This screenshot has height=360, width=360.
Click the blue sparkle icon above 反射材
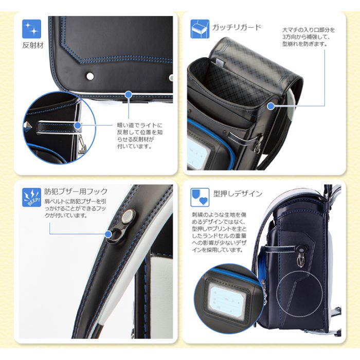point(32,29)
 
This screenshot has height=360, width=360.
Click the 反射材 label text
point(33,45)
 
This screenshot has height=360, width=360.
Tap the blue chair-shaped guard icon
point(200,29)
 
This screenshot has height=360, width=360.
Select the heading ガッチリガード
point(237,27)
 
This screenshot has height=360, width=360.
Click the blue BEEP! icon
point(32,197)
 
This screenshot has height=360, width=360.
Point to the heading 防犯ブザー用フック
point(76,191)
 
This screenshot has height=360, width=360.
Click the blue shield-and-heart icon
point(200,197)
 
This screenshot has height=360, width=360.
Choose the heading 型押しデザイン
point(238,194)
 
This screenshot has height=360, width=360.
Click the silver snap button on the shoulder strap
point(128,216)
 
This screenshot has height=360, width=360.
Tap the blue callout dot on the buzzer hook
point(108,235)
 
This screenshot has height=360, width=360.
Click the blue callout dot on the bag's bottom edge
point(129,94)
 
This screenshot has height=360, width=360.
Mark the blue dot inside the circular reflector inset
point(78,125)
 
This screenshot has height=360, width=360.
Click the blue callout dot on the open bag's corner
point(271,106)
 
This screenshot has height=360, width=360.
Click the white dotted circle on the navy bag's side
point(299,294)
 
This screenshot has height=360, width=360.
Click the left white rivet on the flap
point(90,76)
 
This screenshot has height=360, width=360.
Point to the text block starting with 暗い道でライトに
point(140,136)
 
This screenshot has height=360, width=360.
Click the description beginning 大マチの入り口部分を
point(309,37)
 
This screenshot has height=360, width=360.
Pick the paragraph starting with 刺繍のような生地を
point(219,232)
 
